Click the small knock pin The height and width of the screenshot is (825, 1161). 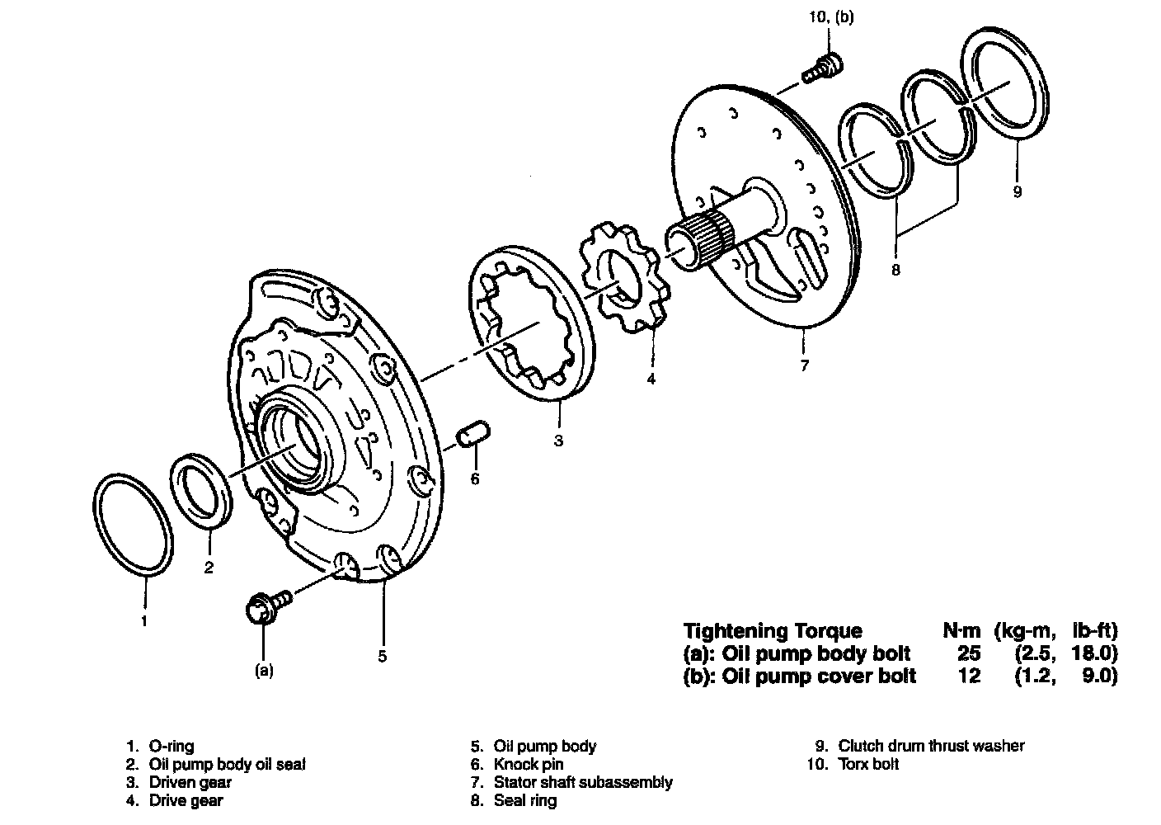[476, 434]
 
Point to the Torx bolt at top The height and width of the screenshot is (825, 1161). [824, 66]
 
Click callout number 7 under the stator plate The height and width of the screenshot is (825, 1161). [804, 365]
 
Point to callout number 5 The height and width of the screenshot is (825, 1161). [382, 657]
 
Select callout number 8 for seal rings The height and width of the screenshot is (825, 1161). [895, 269]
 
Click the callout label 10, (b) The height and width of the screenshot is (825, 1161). [831, 16]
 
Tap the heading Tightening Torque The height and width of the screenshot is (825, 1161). [773, 631]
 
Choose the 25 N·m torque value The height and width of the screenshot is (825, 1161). [968, 654]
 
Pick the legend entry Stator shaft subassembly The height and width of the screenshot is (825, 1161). [582, 782]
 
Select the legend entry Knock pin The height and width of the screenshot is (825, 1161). [528, 765]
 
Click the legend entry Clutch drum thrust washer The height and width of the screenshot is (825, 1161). [931, 746]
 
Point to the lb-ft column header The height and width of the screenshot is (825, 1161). [1093, 631]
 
